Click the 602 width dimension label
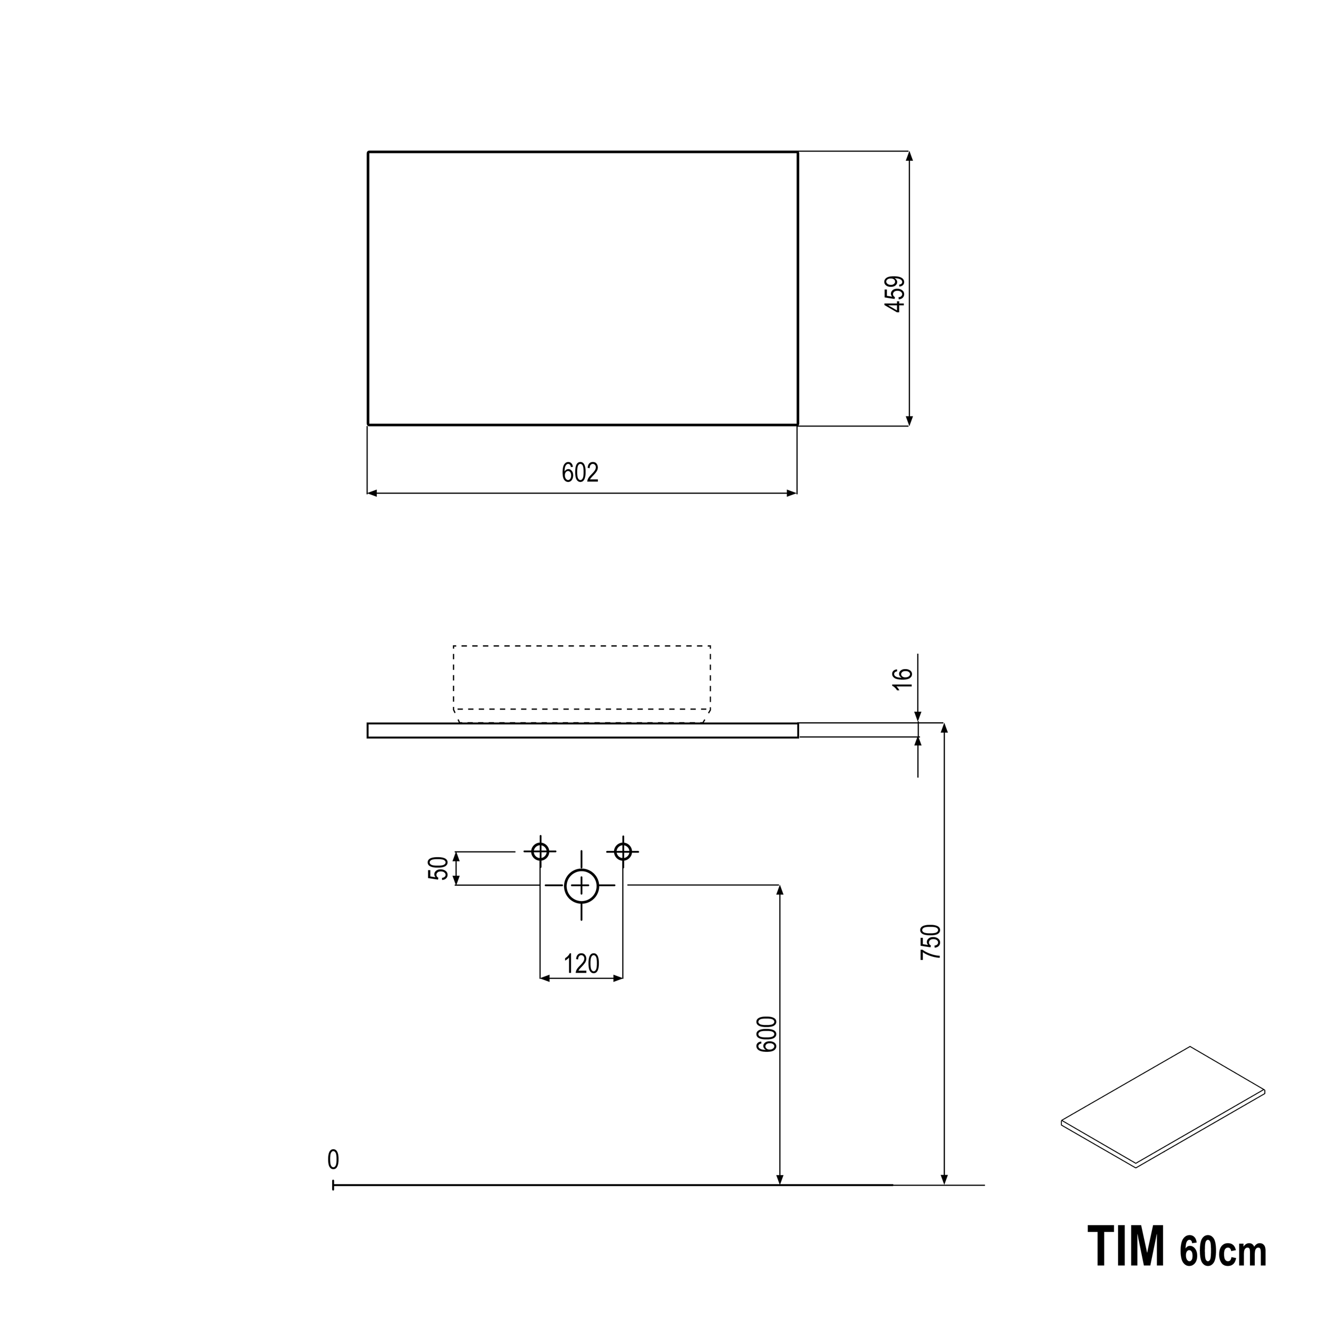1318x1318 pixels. [580, 473]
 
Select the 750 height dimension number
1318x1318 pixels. [931, 942]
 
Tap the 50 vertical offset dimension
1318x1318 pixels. [439, 868]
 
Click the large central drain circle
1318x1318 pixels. [581, 886]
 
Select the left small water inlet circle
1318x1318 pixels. [540, 851]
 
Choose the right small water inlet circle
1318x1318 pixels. [623, 851]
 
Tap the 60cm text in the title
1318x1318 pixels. [1223, 1251]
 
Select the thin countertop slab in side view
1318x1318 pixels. [583, 730]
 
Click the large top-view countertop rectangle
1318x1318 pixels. [583, 288]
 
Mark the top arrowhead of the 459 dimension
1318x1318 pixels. [909, 156]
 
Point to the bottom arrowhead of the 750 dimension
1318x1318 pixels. [944, 1179]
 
